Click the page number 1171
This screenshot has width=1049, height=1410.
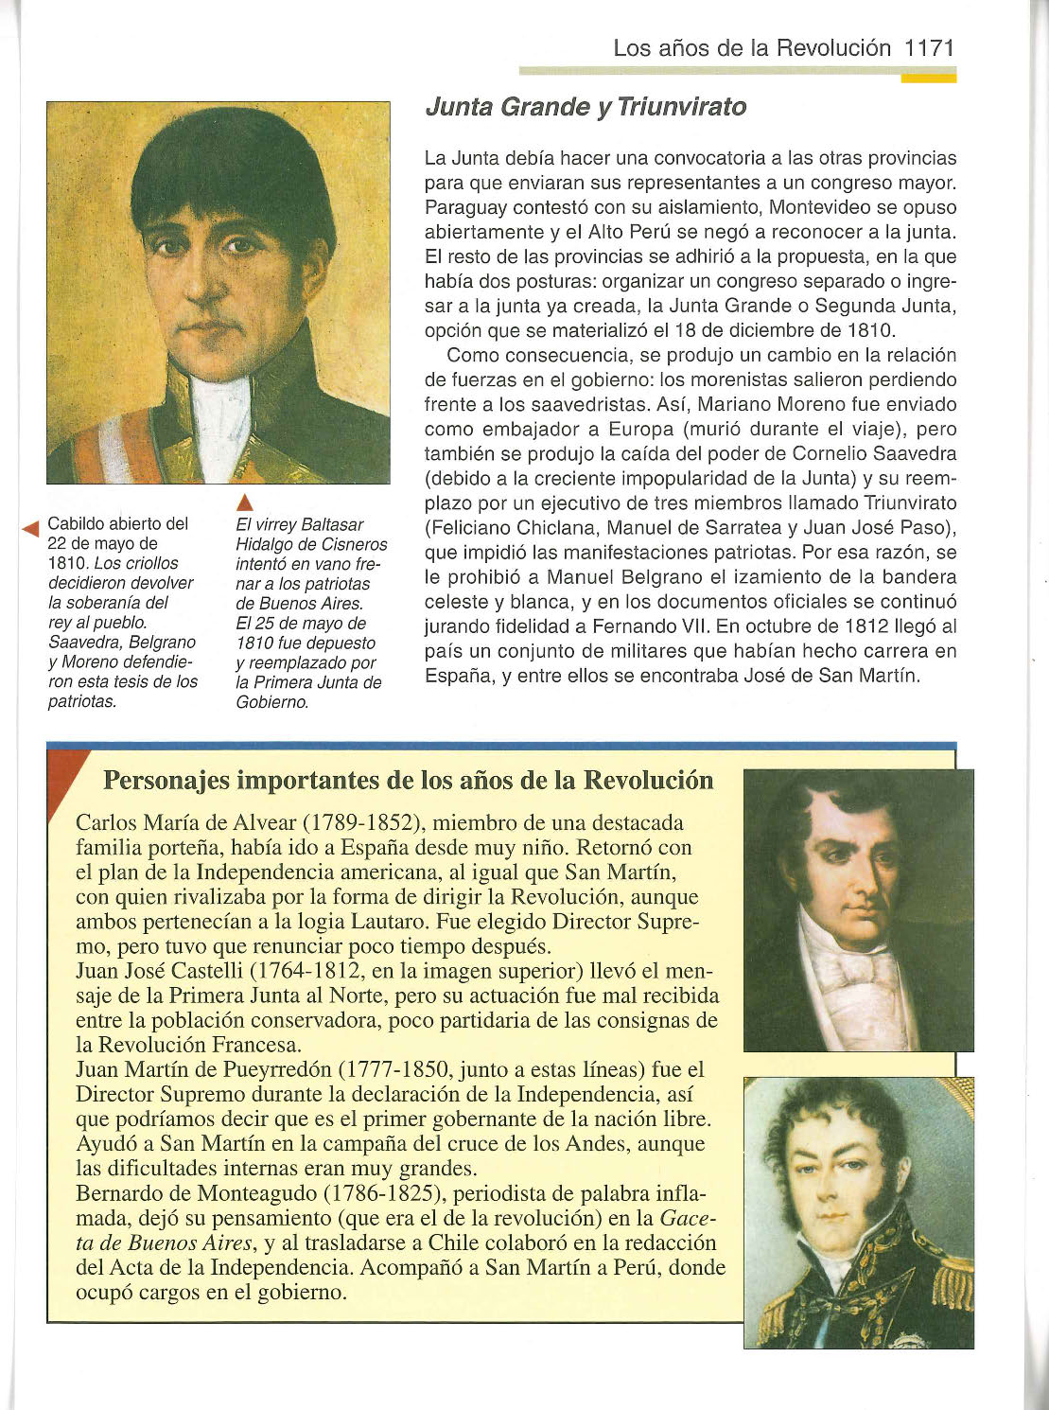click(x=929, y=48)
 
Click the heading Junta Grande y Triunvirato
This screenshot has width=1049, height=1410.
click(x=586, y=107)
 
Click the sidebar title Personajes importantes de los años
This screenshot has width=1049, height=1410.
click(x=408, y=781)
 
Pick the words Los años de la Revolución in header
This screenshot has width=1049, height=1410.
click(x=752, y=48)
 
